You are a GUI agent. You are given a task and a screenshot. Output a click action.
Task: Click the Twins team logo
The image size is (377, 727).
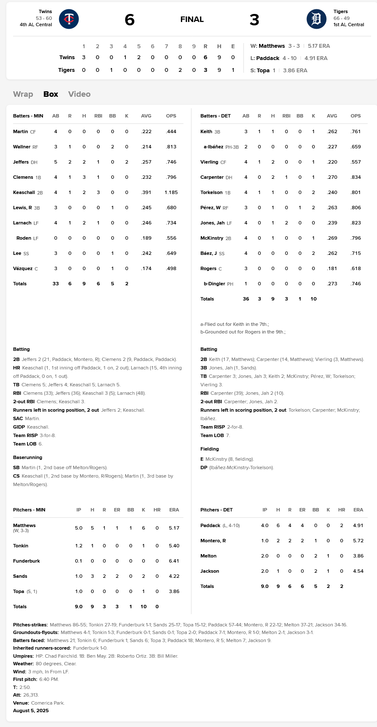coord(69,19)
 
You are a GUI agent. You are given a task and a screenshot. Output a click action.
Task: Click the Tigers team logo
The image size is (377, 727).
coord(316,19)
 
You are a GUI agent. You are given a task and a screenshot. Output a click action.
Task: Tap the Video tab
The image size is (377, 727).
coord(79,94)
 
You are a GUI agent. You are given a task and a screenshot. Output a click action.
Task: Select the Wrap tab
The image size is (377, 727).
coord(23,94)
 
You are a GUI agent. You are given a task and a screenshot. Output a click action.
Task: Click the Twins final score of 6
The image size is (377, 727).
coord(130,20)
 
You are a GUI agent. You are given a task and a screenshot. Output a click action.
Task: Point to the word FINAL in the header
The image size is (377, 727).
coord(192,19)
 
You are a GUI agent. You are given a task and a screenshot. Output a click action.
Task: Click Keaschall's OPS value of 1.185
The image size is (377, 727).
coord(171,192)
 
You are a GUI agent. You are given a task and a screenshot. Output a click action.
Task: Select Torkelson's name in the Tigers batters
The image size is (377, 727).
coord(211,192)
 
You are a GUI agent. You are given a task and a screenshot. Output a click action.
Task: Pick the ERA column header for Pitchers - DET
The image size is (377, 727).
coord(358,510)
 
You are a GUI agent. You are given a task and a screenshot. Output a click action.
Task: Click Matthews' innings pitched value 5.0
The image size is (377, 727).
coord(79,528)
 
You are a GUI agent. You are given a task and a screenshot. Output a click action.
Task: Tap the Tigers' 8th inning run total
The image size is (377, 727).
coord(180,70)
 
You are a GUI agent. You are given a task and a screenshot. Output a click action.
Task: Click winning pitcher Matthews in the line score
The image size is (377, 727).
coord(271,46)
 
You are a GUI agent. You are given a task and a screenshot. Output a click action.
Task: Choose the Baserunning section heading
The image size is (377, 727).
coord(27,457)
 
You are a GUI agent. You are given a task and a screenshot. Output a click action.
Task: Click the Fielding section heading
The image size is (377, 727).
coord(210,449)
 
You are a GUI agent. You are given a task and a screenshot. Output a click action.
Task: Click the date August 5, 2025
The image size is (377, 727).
coord(31,711)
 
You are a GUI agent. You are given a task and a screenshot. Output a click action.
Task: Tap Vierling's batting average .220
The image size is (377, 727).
coord(332,162)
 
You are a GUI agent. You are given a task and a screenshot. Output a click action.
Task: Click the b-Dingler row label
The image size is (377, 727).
coord(214,284)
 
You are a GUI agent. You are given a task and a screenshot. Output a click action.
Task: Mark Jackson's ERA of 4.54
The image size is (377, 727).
coord(358,571)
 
